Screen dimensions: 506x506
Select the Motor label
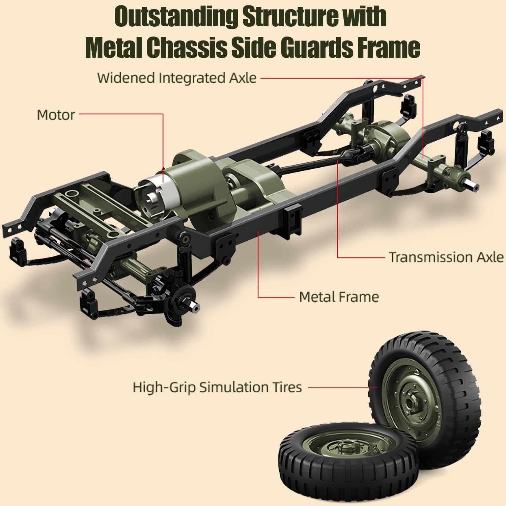(x=56, y=115)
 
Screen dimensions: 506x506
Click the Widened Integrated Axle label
(x=177, y=78)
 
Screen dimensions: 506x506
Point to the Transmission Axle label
(x=446, y=257)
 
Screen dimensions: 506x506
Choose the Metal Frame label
(x=339, y=297)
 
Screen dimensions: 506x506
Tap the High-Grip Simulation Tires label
(x=217, y=387)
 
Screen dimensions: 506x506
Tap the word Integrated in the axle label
(x=191, y=78)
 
